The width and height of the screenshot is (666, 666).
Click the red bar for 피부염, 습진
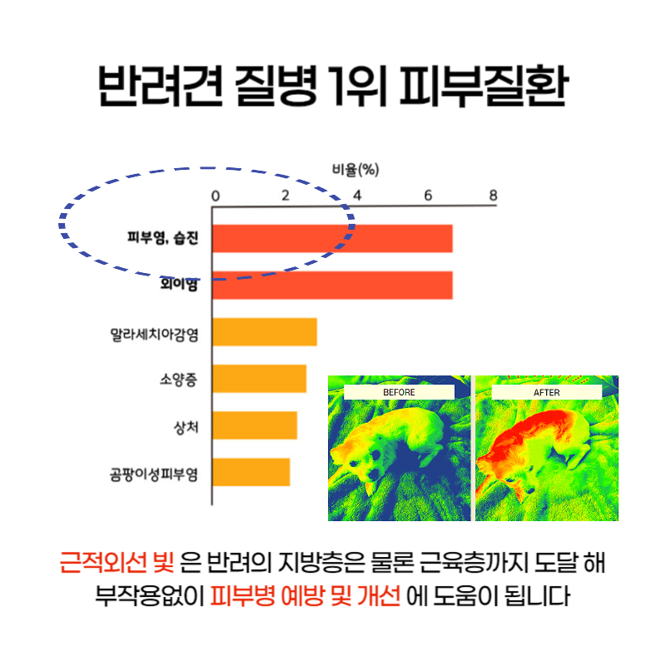coord(332,238)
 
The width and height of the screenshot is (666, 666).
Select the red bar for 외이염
coord(332,285)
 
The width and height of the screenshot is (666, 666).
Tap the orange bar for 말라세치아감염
coord(265,331)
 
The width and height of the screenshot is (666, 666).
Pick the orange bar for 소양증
coord(260,379)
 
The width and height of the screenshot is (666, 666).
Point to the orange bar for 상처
coord(255,425)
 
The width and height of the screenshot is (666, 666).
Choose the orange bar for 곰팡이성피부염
coord(251,472)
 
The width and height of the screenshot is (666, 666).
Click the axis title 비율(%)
coord(355,170)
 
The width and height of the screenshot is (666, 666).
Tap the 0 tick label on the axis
coord(216,196)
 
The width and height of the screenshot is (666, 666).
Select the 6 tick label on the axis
coord(428,196)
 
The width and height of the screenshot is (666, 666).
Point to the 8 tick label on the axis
coord(493,196)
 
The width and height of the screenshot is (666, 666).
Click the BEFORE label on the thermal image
coord(399,392)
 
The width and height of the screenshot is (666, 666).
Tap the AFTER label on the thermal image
coord(547,392)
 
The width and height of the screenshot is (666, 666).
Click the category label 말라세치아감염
coord(154,335)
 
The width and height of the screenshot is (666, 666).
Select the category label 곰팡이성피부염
coord(154,474)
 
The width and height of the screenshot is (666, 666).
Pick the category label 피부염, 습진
coord(163,237)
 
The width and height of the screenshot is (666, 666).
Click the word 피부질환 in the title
coord(484,86)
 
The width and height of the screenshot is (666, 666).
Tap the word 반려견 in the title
coord(161,86)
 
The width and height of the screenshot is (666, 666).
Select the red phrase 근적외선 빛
coord(117,563)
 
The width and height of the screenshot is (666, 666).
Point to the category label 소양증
coord(179,380)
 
